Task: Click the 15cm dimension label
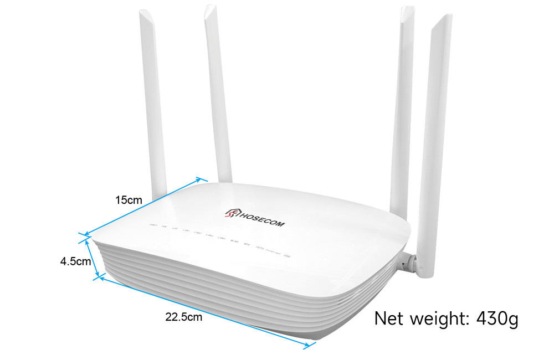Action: point(129,200)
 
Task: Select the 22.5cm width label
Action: point(183,317)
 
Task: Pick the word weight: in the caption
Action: point(436,320)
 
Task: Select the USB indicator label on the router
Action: point(286,256)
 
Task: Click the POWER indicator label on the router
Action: point(152,226)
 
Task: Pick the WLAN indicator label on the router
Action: point(233,243)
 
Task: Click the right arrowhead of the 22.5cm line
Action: point(306,346)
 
